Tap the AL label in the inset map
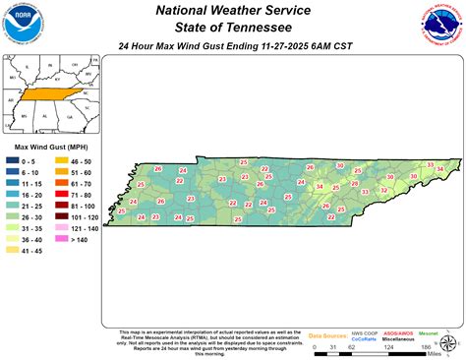tap(44, 115)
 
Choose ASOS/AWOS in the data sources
tap(397, 333)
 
